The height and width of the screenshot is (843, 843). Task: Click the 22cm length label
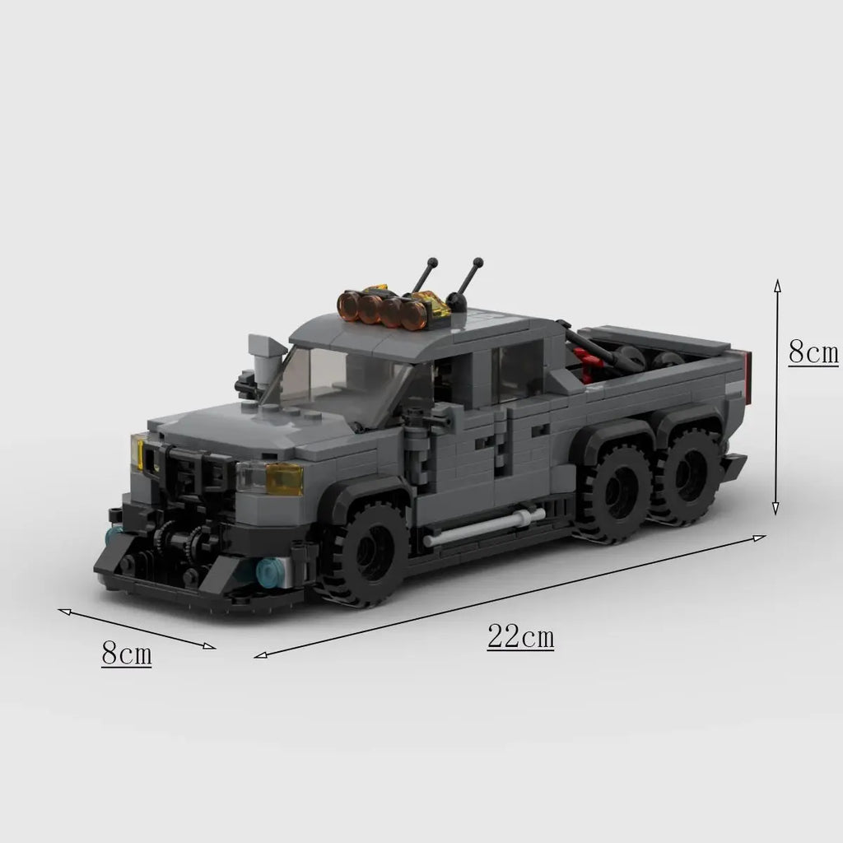(x=520, y=637)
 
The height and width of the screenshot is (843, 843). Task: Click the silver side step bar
(x=485, y=527)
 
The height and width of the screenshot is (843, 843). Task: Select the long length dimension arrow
(x=510, y=596)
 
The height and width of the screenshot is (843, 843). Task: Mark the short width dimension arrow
(x=137, y=628)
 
